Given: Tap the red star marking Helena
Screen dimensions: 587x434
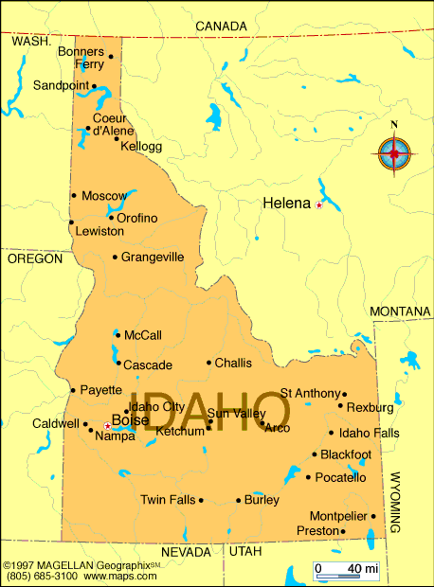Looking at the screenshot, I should click(x=319, y=205).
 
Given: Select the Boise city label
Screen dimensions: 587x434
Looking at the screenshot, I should click(x=129, y=421).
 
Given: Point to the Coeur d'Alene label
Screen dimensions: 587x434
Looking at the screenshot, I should click(x=110, y=124).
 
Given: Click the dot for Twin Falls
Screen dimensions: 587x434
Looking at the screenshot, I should click(x=201, y=500).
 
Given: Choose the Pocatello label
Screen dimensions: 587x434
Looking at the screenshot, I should click(x=340, y=477).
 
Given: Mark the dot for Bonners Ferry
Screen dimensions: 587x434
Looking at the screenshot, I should click(x=111, y=56).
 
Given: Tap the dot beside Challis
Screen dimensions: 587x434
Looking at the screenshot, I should click(x=208, y=363).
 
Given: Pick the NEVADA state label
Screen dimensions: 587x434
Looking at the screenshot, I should click(x=186, y=551).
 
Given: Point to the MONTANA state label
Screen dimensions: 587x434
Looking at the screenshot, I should click(x=400, y=311).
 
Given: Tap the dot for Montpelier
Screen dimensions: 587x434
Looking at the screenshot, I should click(x=373, y=516).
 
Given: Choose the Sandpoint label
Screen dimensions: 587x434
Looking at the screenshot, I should click(x=61, y=85).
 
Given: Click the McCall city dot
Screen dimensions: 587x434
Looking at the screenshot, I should click(x=118, y=334).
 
